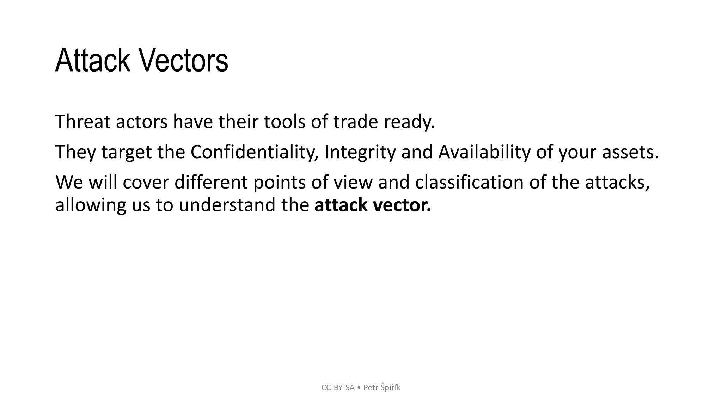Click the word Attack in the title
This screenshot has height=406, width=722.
click(92, 61)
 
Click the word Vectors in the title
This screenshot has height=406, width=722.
click(184, 61)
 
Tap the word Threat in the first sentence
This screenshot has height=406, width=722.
click(82, 122)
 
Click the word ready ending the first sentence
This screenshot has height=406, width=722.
click(409, 122)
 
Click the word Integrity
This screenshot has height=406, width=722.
click(360, 152)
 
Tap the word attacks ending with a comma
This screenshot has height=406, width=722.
click(617, 183)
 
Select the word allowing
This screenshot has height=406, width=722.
click(91, 205)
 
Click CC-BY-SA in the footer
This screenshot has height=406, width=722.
click(338, 388)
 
